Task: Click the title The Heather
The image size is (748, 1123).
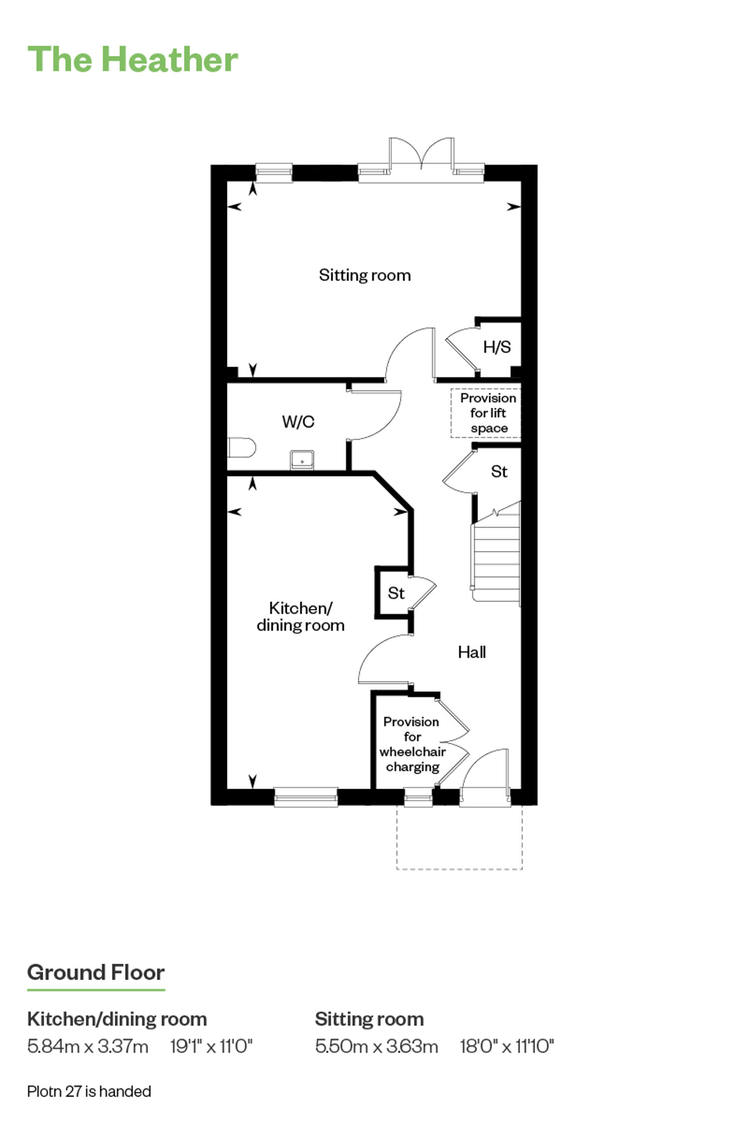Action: coord(133,59)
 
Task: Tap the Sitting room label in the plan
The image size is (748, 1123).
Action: coord(365,275)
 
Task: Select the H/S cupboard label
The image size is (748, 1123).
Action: coord(497,347)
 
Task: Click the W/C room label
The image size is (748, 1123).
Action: coord(298,422)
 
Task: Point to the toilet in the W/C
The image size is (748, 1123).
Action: coord(242,447)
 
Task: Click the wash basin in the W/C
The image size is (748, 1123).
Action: coord(302,460)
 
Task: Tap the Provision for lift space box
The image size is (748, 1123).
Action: coord(486,413)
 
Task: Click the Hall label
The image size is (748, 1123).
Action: coord(472,652)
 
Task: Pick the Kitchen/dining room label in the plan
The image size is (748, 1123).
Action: coord(301,616)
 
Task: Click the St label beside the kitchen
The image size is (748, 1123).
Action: coord(396,593)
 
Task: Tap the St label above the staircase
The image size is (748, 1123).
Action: coord(499,472)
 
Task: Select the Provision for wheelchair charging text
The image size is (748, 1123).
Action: coord(412,744)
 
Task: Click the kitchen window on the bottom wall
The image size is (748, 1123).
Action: coord(306,797)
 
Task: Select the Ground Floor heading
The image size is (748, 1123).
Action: coord(96,973)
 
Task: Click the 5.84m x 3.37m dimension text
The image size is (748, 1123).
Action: coord(88,1046)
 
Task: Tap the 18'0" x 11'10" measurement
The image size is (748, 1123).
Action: coord(507,1046)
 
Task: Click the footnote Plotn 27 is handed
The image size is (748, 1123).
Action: coord(89,1092)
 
